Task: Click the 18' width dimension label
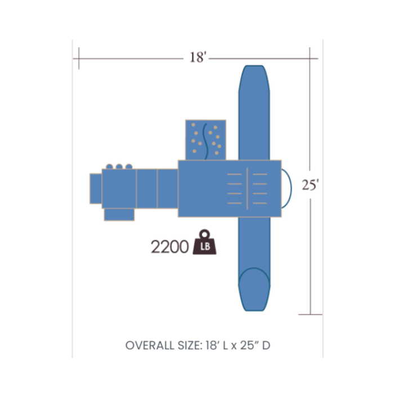[x=198, y=57]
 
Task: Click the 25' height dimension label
[x=310, y=185]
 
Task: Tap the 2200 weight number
[x=169, y=247]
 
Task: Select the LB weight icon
[x=204, y=242]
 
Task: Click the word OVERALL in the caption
[x=150, y=346]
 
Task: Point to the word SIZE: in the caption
[x=190, y=346]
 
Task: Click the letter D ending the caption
[x=266, y=346]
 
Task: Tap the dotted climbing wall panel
[x=205, y=140]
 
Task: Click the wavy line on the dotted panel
[x=205, y=141]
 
